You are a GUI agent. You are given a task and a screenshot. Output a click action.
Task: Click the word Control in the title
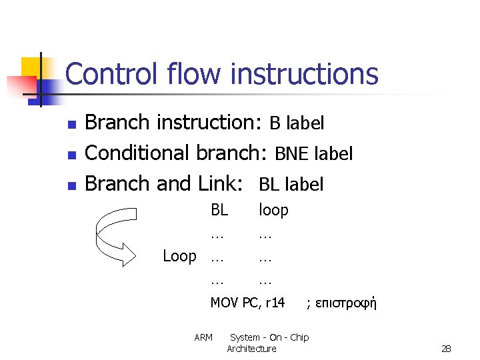coord(107,74)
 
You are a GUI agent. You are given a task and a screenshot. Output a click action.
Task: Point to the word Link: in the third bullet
coord(219,183)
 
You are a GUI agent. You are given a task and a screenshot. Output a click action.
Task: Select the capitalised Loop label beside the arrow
coord(179,256)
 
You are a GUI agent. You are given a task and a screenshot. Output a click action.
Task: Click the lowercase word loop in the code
coord(273,210)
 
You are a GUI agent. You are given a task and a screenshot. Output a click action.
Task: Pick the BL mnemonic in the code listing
coord(219,210)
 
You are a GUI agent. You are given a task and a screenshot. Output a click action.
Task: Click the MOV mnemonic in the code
coord(224,303)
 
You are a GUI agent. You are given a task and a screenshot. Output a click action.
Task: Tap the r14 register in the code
coord(275,303)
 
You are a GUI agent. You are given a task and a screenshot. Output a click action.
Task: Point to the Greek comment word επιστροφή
coord(341,304)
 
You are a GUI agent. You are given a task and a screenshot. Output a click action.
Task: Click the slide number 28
coord(446,349)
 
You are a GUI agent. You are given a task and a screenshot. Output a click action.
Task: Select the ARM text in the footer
coord(203,337)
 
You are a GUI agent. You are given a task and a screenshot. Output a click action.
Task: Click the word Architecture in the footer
coord(251,349)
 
